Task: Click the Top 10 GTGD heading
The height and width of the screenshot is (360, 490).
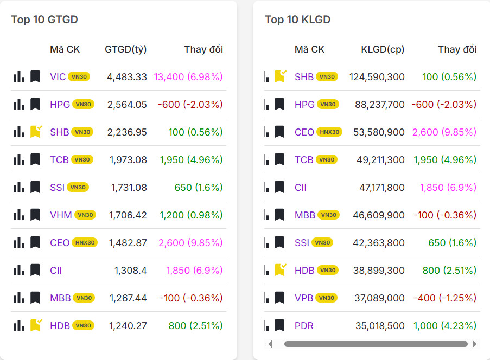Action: coord(44,20)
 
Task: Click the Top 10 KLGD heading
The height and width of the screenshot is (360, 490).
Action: coord(297,20)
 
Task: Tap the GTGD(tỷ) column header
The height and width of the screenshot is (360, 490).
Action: coord(126,49)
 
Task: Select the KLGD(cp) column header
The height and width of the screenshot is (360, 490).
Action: coord(383,49)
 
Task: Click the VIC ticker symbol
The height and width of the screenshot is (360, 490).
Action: coord(58,77)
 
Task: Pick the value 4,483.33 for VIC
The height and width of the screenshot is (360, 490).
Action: coord(127,77)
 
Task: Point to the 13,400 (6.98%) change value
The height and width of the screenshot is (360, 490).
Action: coord(188,77)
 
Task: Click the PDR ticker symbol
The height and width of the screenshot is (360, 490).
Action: coord(304,326)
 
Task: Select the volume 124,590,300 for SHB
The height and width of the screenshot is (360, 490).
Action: coord(377,77)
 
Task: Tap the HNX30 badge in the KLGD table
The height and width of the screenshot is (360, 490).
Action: coord(329,132)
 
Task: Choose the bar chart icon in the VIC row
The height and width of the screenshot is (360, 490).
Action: coord(19,76)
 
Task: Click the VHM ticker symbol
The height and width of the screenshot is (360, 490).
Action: coord(61,215)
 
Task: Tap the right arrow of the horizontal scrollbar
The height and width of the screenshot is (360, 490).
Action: coord(474,344)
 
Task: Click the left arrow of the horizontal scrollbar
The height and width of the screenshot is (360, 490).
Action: coord(270,344)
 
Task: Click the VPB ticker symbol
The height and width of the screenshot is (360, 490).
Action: coord(304,298)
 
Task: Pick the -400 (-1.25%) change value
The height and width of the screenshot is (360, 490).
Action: coord(445,298)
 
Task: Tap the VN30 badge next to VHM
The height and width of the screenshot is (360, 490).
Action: coord(85,215)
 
